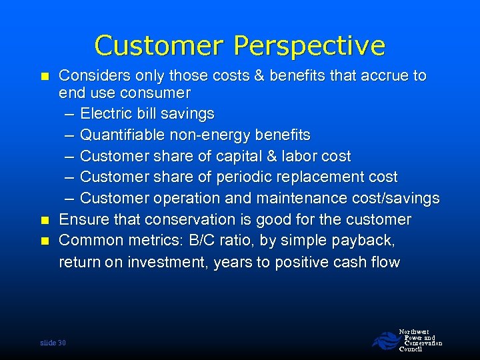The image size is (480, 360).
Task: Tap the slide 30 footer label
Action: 53,343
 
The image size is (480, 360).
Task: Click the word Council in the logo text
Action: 410,349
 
